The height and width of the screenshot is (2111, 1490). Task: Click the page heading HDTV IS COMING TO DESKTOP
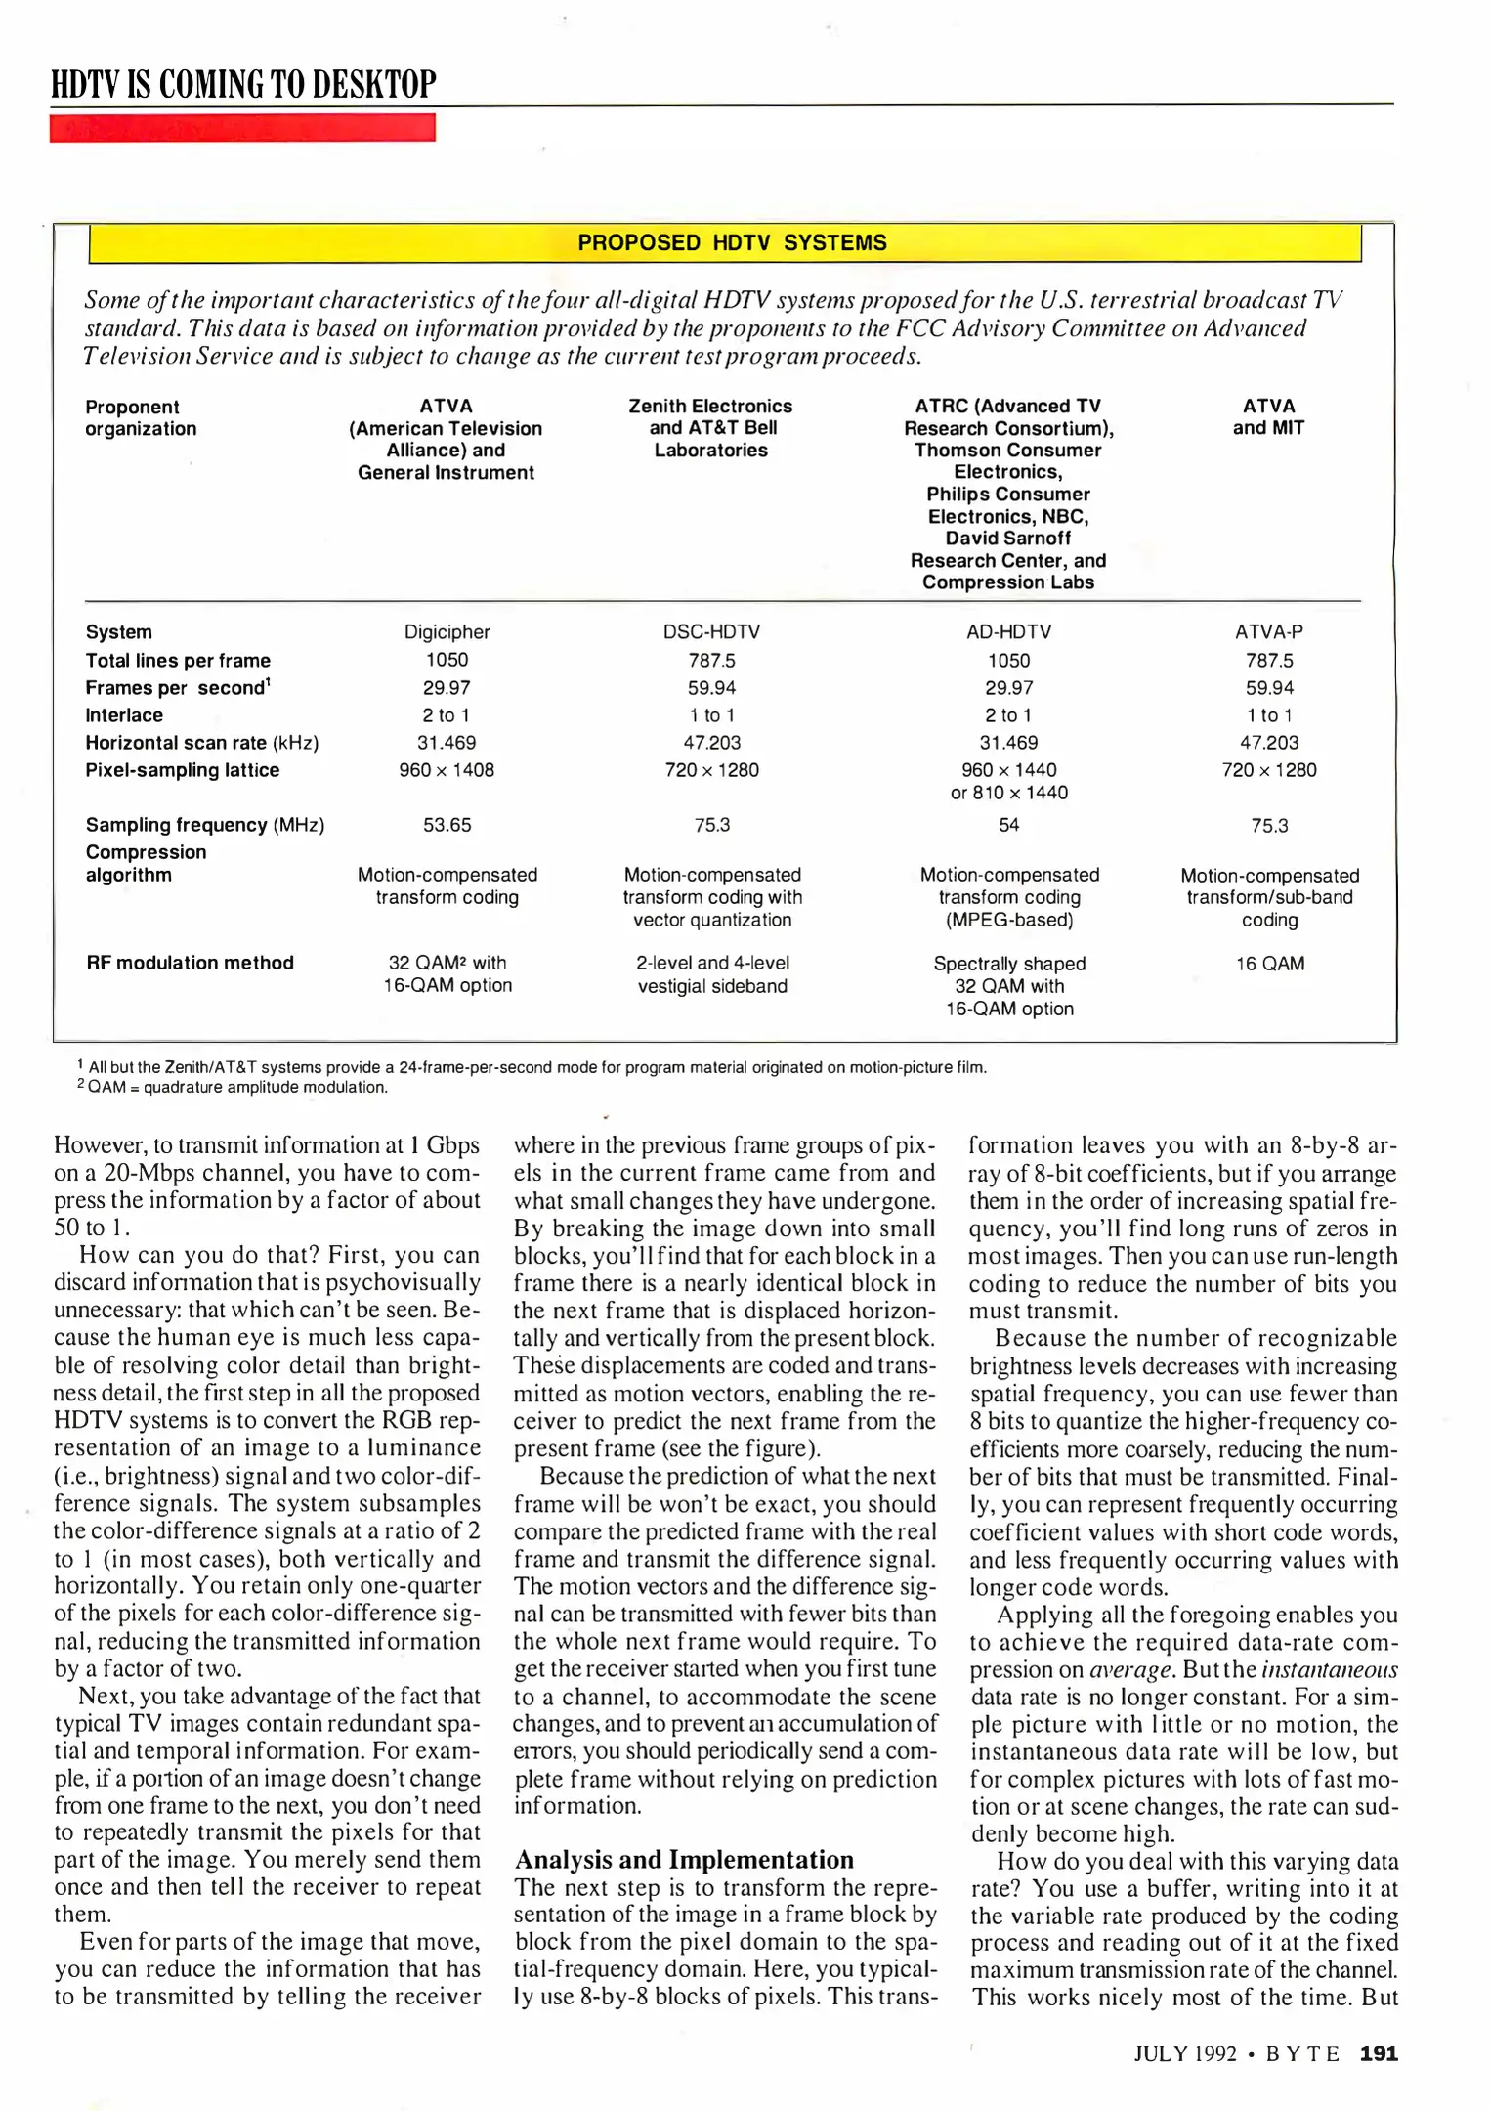(243, 84)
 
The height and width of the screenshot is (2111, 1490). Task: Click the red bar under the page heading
(242, 128)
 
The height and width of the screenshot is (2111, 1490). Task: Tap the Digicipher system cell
(447, 632)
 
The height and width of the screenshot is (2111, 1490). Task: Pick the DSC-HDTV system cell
(711, 632)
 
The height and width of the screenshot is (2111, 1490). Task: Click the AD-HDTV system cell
(1008, 632)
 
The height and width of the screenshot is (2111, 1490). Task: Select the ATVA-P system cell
(1268, 632)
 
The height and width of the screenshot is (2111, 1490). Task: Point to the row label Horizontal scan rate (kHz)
(202, 743)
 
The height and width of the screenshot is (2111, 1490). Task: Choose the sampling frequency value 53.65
(447, 825)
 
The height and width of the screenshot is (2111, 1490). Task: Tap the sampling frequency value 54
(1008, 825)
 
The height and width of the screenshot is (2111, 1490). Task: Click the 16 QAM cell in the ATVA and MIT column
(1269, 964)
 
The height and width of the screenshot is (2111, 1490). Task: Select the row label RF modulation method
(190, 963)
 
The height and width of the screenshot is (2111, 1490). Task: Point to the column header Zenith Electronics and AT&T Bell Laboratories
(710, 428)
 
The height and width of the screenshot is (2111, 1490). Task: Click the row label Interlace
(124, 715)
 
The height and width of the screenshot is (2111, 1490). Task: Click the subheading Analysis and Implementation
(684, 1859)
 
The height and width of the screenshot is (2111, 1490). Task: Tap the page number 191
(1379, 2053)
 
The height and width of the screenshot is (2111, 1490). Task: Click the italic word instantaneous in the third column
(1329, 1670)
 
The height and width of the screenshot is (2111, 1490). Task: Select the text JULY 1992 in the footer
(1185, 2054)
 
